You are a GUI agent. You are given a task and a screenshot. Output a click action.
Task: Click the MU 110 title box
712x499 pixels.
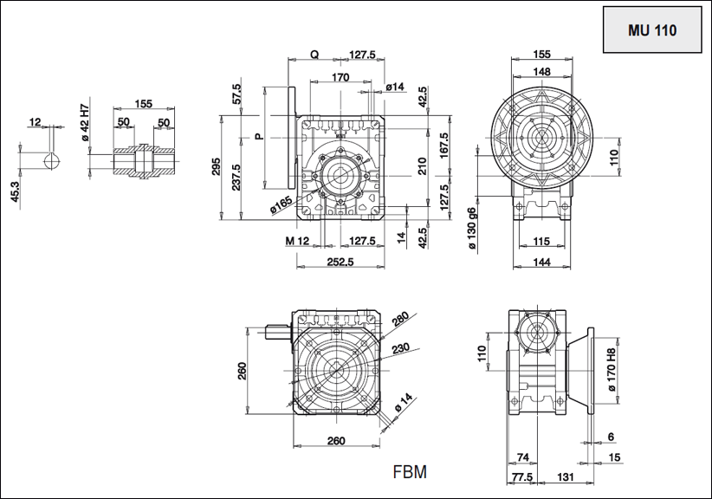(x=651, y=29)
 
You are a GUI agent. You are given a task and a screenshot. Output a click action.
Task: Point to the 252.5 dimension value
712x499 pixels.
(x=340, y=262)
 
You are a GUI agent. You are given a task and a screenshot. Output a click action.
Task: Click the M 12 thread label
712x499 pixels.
(x=295, y=240)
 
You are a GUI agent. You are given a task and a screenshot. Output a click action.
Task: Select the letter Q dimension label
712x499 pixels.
(x=314, y=55)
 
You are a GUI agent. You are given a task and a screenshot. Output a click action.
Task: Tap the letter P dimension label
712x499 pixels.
(x=258, y=137)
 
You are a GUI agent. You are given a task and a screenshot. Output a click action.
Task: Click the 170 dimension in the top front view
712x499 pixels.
(x=340, y=78)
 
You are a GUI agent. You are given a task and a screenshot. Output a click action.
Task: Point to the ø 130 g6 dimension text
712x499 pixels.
(x=472, y=229)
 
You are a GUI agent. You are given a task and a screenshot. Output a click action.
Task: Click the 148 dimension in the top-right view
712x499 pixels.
(x=542, y=71)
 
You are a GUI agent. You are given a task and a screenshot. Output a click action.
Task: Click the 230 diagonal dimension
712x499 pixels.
(x=398, y=350)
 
